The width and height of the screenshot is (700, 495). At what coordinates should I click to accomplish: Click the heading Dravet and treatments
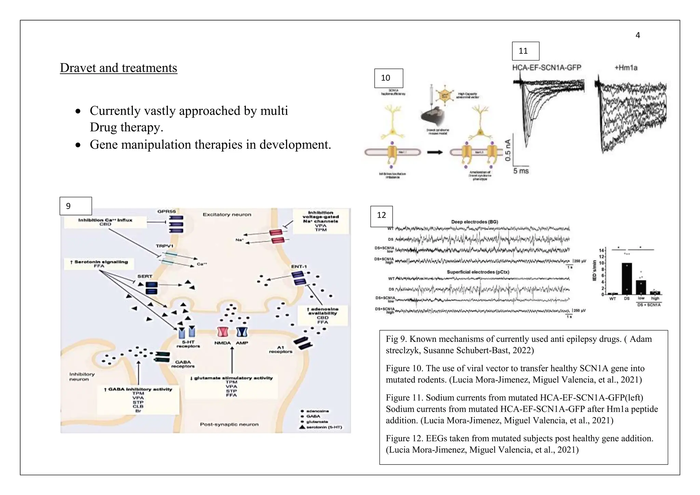118,68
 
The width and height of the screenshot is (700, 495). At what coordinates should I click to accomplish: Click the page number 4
637,35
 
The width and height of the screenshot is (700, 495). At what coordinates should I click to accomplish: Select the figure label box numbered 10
389,78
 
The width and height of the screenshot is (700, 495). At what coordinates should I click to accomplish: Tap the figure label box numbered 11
525,51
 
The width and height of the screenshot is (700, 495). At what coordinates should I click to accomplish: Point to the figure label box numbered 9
76,206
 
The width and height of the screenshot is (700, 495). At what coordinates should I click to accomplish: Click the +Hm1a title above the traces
626,68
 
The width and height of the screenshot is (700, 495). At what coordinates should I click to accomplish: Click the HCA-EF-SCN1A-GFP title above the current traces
547,68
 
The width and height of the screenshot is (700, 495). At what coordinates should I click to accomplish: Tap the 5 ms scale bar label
521,171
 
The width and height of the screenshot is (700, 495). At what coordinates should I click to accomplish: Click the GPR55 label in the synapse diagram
166,212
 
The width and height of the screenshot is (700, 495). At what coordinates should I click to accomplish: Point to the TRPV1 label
164,246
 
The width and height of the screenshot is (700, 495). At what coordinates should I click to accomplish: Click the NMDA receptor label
222,343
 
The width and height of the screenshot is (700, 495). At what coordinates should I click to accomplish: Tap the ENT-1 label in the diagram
299,266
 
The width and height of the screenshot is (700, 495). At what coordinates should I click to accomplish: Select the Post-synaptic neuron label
229,424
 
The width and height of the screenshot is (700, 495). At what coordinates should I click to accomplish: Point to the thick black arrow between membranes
435,152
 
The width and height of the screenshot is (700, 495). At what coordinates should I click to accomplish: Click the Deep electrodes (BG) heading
474,222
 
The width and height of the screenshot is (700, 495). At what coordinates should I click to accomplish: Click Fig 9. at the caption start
396,339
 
